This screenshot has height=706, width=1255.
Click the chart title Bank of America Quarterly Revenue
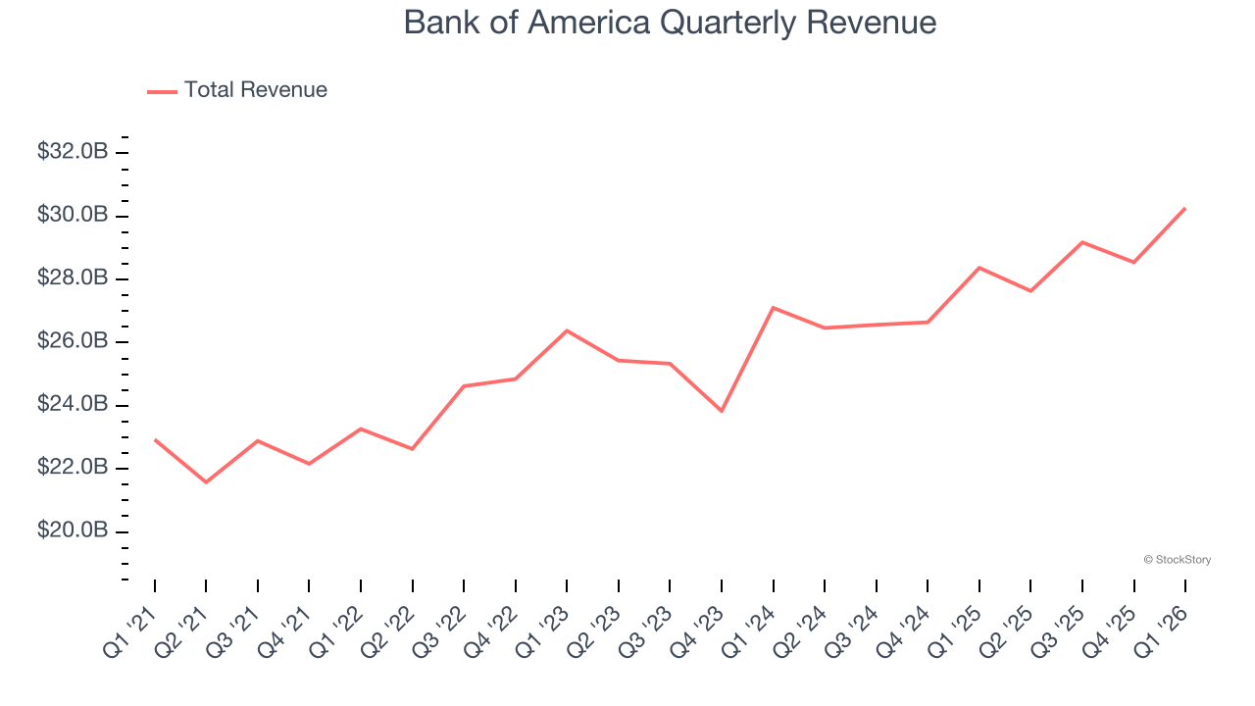[670, 23]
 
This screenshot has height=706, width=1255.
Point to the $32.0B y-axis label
[73, 152]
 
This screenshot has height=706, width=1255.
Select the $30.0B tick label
[73, 215]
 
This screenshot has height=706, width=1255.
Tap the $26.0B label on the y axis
[73, 341]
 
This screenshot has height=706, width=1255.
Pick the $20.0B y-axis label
[73, 530]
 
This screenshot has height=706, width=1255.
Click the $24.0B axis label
[73, 404]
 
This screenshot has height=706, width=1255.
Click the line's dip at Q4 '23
[722, 411]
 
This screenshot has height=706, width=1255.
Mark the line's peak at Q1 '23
[567, 330]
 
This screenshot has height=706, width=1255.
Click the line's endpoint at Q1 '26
[1185, 208]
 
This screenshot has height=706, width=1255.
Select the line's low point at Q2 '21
[206, 482]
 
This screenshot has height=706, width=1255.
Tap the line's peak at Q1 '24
[774, 308]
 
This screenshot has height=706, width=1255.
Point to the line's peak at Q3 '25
[1082, 242]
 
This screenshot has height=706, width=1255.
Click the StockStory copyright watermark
[1177, 560]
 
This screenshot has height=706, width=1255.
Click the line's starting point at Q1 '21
[155, 439]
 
